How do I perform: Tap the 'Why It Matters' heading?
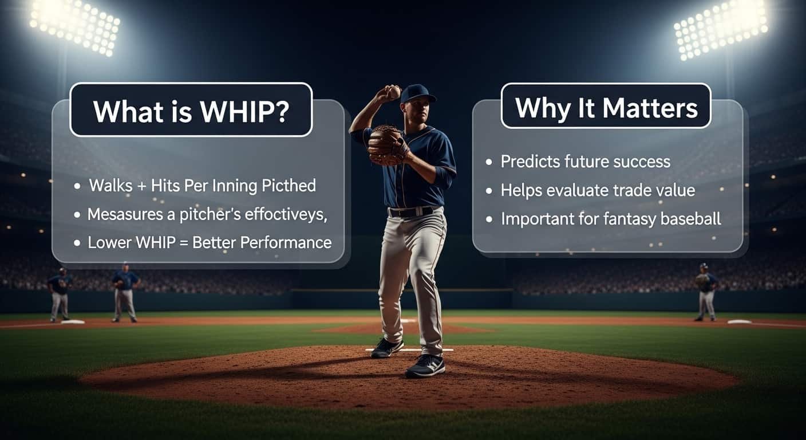click(606, 107)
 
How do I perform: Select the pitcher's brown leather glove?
click(385, 144)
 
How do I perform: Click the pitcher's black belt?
click(411, 211)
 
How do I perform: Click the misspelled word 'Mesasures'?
click(116, 214)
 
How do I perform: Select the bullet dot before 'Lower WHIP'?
click(77, 243)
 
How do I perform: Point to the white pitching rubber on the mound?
click(409, 349)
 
